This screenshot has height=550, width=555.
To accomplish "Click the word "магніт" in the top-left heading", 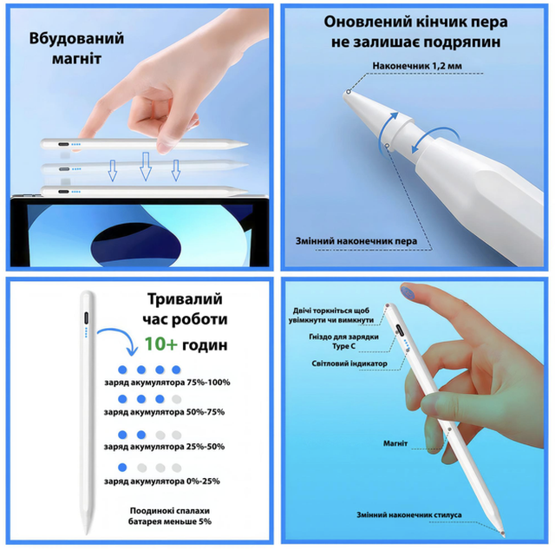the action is [x=76, y=59].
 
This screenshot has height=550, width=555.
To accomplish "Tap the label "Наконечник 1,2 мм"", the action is [x=417, y=66].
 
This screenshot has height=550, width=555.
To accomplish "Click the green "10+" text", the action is [x=160, y=344].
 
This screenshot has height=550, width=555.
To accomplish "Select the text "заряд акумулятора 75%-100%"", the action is [x=167, y=383].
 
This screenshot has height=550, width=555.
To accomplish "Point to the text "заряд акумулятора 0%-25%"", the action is [x=162, y=481].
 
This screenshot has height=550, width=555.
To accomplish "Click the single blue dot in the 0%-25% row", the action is [x=122, y=468].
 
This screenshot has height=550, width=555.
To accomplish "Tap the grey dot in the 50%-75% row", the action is [x=176, y=399].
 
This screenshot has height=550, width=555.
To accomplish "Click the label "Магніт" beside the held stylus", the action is [x=395, y=443].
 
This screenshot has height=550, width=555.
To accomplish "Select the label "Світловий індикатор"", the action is [x=349, y=363].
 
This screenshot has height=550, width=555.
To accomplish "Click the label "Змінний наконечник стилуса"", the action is [x=408, y=515].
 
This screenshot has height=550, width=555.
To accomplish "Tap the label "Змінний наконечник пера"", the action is [x=356, y=241].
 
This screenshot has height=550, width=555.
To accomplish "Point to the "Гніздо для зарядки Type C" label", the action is [x=343, y=342].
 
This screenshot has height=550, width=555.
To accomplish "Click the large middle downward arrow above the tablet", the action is [x=146, y=167].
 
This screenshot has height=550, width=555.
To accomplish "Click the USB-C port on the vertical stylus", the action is [x=87, y=318].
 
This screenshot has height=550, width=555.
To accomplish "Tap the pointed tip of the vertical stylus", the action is [x=87, y=534].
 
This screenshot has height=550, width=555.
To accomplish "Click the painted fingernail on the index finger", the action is [x=409, y=291].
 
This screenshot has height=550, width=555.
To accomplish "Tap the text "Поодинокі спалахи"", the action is [x=170, y=511].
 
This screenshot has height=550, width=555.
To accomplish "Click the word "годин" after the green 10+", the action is [x=205, y=345].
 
